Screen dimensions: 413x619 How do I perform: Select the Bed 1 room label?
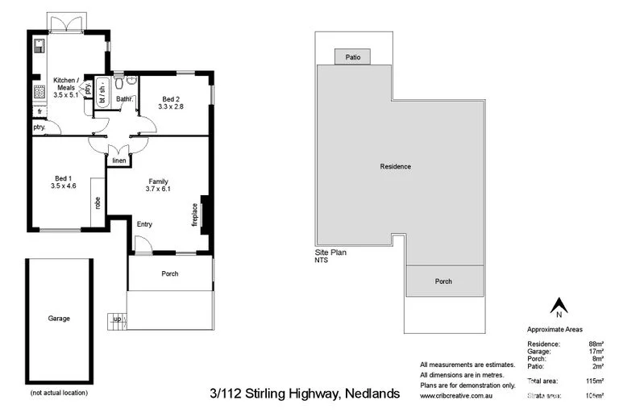pos(62,181)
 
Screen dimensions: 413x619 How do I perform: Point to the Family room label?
pos(158,185)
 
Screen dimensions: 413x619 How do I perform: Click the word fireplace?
pos(194,214)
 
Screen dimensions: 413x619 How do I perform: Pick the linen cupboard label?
pos(118,161)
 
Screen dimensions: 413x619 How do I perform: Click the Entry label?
pos(144,224)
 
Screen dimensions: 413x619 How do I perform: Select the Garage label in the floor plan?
pos(59,319)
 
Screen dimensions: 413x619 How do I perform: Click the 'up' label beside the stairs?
pos(118,319)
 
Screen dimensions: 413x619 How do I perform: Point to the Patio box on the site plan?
pos(353,57)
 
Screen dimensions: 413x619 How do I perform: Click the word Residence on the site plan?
pos(396,167)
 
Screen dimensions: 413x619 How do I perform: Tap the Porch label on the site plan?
pos(443,282)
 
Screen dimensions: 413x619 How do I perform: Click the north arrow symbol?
pos(557,307)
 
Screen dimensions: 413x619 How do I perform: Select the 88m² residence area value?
pos(596,344)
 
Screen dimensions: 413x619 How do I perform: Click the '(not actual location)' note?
pos(59,393)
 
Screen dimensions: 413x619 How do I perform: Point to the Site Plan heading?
pos(330,252)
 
